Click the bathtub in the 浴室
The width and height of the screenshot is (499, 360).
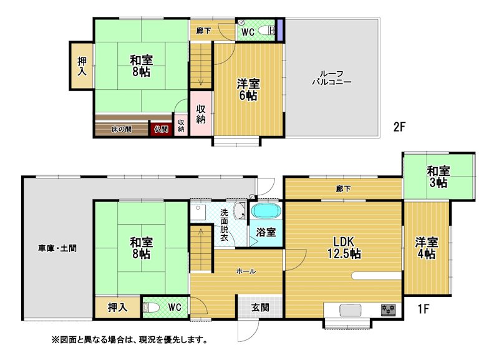[x=266, y=212]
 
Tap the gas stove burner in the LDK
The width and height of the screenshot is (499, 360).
[x=388, y=309]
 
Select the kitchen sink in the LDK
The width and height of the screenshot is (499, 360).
[x=351, y=309]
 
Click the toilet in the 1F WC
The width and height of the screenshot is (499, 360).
[x=150, y=308]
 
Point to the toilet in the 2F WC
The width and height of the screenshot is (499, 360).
[x=266, y=30]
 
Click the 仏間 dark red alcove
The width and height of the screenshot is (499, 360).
[x=162, y=129]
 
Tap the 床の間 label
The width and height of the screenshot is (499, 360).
[x=122, y=130]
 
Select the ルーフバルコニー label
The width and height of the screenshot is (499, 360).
[x=332, y=78]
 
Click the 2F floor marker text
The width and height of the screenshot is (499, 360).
[x=399, y=127]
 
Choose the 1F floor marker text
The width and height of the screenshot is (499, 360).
[x=424, y=309]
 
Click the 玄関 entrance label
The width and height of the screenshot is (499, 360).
[x=260, y=308]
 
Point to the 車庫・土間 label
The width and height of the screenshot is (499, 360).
[x=57, y=248]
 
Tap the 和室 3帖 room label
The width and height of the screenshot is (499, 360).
[x=438, y=177]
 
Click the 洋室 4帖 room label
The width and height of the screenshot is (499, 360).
[x=427, y=248]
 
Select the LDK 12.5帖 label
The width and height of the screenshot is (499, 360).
[x=344, y=248]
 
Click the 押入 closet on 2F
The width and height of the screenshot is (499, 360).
[x=82, y=66]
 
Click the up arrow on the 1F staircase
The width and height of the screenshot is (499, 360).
[x=201, y=239]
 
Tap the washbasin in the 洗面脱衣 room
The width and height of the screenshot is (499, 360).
[x=240, y=211]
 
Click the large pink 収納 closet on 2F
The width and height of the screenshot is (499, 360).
[x=201, y=114]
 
